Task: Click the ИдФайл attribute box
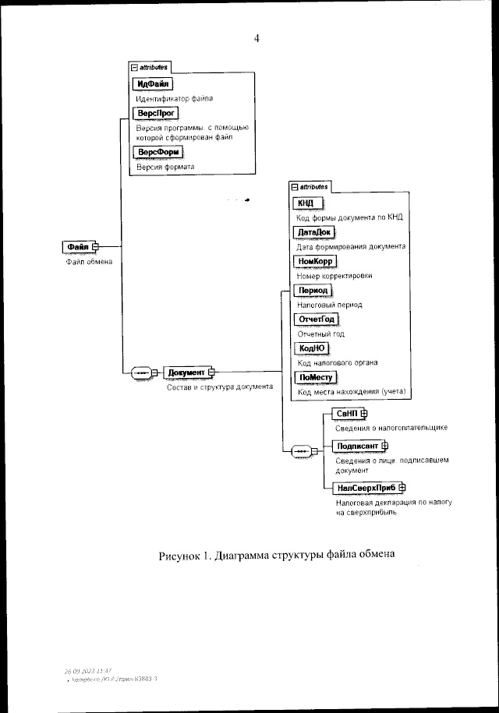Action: pos(154,84)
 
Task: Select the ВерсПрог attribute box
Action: pos(155,114)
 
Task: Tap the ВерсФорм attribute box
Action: pos(157,151)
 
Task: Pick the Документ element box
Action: pos(186,372)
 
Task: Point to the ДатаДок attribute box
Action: pos(314,231)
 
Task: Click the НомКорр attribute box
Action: pos(314,261)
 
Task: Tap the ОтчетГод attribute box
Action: pos(317,319)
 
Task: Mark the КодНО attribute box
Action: pos(311,348)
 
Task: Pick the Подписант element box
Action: pos(356,446)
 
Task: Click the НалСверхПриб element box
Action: pos(366,488)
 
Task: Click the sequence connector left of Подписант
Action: pos(300,450)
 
